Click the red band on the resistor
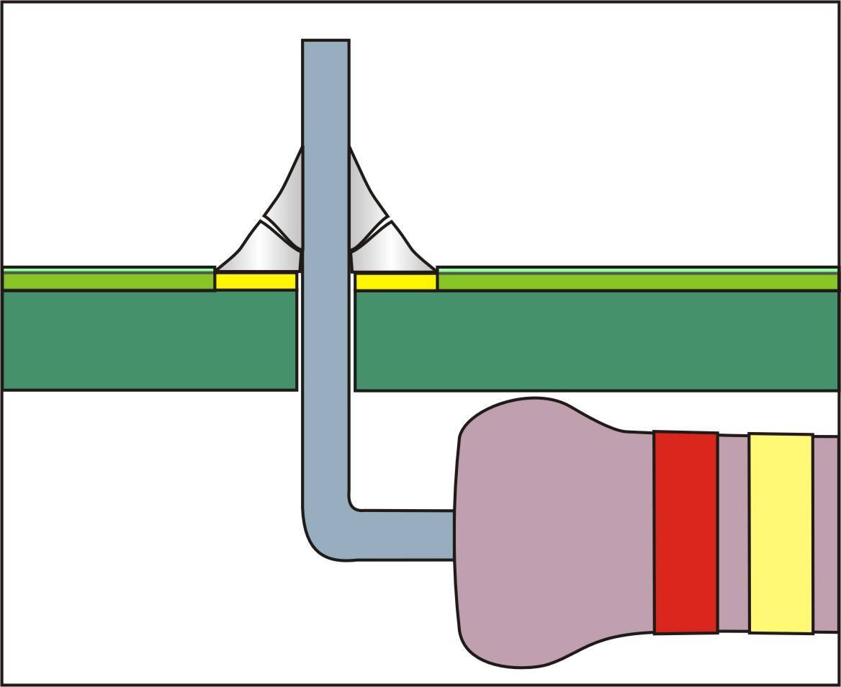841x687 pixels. click(685, 533)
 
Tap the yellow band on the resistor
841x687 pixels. click(781, 533)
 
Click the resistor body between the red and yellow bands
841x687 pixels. click(734, 533)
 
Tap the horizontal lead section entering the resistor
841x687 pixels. click(403, 535)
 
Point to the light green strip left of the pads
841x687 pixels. click(108, 279)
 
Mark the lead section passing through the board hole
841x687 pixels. click(326, 338)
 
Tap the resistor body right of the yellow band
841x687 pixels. click(827, 533)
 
